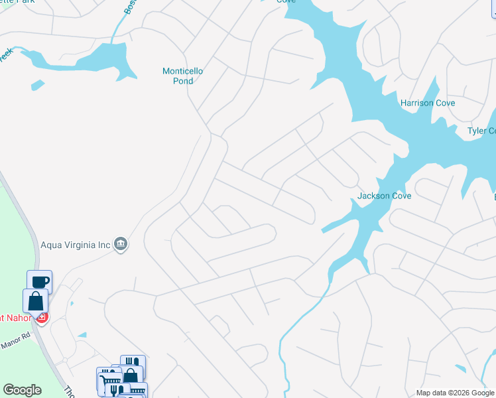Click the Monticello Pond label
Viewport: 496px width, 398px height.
coord(183,76)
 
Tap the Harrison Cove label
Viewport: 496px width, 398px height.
coord(427,103)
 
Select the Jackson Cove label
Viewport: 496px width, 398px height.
coord(384,196)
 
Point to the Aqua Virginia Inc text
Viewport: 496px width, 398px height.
coord(75,245)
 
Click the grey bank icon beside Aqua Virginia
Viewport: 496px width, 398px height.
coord(121,244)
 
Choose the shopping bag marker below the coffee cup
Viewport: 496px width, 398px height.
coord(35,301)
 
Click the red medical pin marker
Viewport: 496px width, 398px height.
coord(42,318)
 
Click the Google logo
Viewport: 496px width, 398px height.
coord(22,390)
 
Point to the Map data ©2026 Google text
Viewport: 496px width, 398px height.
coord(454,393)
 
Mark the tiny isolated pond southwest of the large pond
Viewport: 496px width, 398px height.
coord(37,85)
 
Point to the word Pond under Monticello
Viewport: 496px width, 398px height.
coord(183,81)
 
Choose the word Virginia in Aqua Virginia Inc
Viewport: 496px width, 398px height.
coord(80,245)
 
